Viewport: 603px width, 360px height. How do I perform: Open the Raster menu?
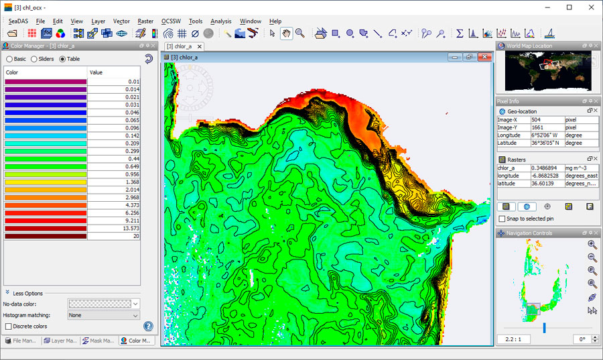pyautogui.click(x=145, y=21)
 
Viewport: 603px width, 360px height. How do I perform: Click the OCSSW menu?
pyautogui.click(x=171, y=21)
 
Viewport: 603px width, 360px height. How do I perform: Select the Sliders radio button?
pyautogui.click(x=34, y=59)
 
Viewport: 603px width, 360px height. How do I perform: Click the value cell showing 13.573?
pyautogui.click(x=114, y=228)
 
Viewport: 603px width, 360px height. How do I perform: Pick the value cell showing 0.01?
pyautogui.click(x=114, y=81)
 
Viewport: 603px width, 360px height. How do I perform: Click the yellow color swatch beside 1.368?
pyautogui.click(x=46, y=182)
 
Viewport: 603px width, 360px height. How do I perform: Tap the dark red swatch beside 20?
pyautogui.click(x=46, y=236)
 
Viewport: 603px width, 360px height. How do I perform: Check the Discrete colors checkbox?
pyautogui.click(x=8, y=326)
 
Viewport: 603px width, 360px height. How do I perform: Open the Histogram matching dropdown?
pyautogui.click(x=103, y=315)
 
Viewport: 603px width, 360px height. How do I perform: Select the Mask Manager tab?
pyautogui.click(x=99, y=341)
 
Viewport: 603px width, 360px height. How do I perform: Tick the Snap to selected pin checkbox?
pyautogui.click(x=503, y=219)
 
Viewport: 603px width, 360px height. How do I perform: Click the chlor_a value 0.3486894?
pyautogui.click(x=547, y=168)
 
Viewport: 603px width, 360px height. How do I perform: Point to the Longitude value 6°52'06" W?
pyautogui.click(x=547, y=135)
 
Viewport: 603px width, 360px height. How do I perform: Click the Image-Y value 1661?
pyautogui.click(x=547, y=127)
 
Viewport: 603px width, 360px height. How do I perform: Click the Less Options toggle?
pyautogui.click(x=26, y=294)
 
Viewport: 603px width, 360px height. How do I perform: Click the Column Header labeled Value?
pyautogui.click(x=114, y=72)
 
